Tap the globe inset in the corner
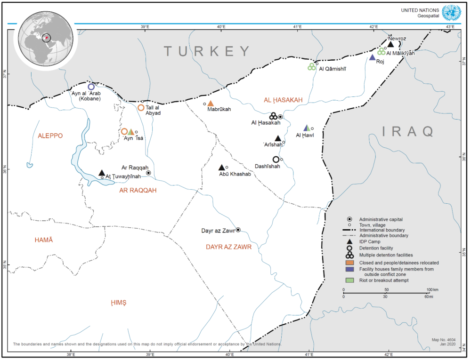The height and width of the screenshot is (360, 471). (x=43, y=39)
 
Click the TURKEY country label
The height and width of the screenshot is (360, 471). (x=207, y=51)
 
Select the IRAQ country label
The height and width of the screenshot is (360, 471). (x=407, y=131)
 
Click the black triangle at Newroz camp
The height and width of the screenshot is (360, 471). (x=390, y=44)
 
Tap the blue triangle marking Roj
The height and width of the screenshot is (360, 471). (x=372, y=57)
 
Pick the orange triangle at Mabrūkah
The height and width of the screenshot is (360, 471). (x=211, y=104)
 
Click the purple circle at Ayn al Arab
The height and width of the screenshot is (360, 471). (x=91, y=87)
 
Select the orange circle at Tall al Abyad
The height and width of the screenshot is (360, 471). (x=141, y=108)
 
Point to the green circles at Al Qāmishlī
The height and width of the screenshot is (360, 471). (x=311, y=67)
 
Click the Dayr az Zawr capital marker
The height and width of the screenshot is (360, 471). (x=238, y=230)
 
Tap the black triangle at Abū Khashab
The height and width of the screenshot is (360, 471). (x=221, y=168)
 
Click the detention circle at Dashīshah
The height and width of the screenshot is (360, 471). (x=276, y=160)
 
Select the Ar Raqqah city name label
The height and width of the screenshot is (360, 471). (x=135, y=168)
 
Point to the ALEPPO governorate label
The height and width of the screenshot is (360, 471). (x=50, y=136)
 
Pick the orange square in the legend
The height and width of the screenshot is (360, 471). (x=349, y=262)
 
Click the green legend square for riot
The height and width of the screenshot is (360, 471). (x=349, y=280)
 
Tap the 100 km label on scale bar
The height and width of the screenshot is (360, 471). (x=432, y=289)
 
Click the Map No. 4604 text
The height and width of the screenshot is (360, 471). (x=444, y=339)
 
